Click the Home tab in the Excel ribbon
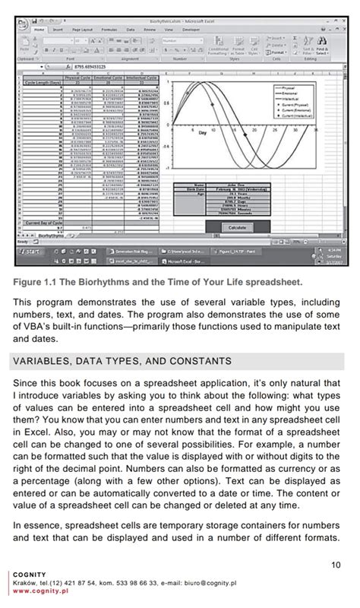[39, 29]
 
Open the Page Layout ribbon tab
[82, 29]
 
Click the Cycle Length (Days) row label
[43, 81]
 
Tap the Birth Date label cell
[200, 188]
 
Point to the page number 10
[336, 564]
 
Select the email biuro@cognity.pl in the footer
[210, 583]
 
